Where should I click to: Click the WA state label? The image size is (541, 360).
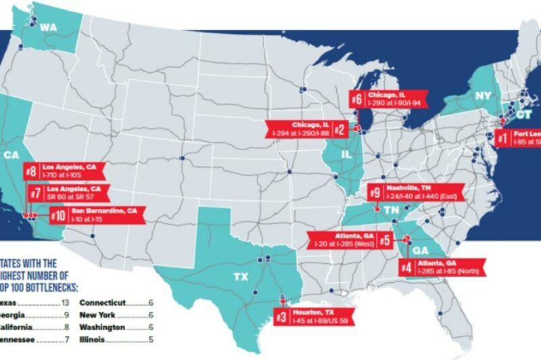tap(48, 27)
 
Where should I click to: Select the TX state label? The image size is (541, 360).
tap(240, 277)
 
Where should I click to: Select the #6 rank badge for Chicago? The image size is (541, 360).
tap(358, 99)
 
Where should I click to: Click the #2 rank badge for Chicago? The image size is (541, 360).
tap(339, 129)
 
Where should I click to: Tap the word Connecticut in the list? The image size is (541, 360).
tap(103, 302)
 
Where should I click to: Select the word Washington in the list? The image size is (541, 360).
tap(102, 327)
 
